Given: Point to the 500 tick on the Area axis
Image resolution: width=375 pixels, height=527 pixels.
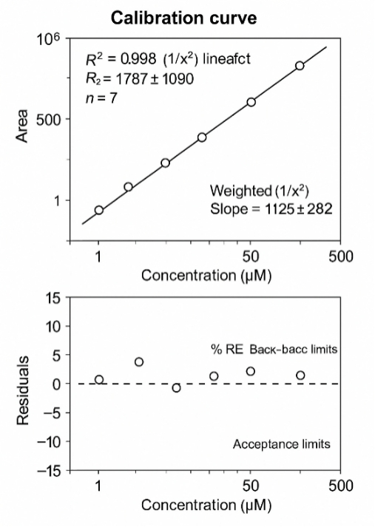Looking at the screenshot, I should click(x=47, y=119).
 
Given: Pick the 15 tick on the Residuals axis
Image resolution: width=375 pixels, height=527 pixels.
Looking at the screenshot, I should click(x=51, y=297).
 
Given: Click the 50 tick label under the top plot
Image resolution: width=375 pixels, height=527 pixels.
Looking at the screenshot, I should click(x=251, y=257).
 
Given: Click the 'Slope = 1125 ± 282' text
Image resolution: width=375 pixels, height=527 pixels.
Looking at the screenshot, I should click(x=271, y=209).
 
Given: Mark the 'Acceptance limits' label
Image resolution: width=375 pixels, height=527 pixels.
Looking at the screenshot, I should click(x=281, y=444).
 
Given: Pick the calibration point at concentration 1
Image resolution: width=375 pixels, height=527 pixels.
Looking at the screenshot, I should click(x=99, y=210).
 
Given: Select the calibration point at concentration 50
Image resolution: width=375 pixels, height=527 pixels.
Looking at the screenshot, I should click(x=251, y=101).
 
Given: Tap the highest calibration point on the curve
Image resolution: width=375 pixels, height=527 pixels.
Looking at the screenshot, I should click(x=300, y=66).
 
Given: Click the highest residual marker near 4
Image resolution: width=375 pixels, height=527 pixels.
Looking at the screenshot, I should click(x=139, y=362).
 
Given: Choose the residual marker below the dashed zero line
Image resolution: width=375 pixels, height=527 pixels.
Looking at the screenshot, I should click(x=176, y=388).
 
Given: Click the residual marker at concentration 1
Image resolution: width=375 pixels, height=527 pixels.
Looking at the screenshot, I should click(x=99, y=380).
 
